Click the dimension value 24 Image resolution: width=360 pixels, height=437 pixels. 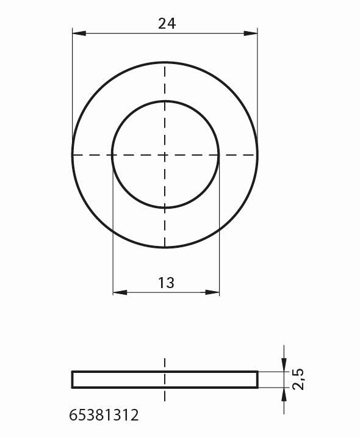click(167, 24)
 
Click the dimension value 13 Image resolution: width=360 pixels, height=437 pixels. click(167, 283)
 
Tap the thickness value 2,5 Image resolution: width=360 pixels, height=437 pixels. click(298, 379)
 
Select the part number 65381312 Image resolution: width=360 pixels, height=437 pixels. click(104, 415)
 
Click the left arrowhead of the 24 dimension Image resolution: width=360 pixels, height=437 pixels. click(79, 34)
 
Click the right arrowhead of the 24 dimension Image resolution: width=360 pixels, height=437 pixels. click(251, 34)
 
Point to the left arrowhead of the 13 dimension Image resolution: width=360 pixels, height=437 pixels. click(120, 292)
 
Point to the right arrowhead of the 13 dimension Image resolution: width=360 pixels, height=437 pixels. click(212, 292)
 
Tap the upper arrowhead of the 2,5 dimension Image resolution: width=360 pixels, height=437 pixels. click(284, 365)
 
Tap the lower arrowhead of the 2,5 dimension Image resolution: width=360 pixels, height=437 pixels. click(284, 394)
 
